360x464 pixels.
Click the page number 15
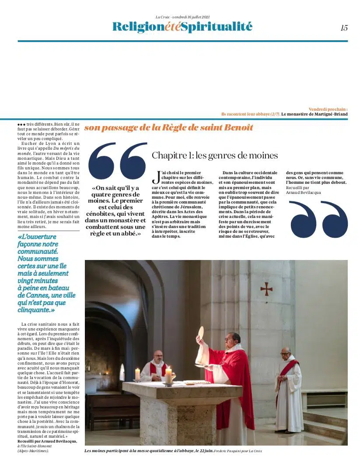344,28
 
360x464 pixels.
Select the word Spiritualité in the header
217,27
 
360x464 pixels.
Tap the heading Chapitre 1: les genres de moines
214,155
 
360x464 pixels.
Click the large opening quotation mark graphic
117,161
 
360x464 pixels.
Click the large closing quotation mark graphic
318,219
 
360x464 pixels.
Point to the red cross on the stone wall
266,288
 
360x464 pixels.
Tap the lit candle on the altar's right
168,375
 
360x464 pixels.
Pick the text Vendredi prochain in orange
328,109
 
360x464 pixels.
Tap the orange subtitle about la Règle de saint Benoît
168,128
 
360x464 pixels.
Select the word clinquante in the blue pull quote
35,309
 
